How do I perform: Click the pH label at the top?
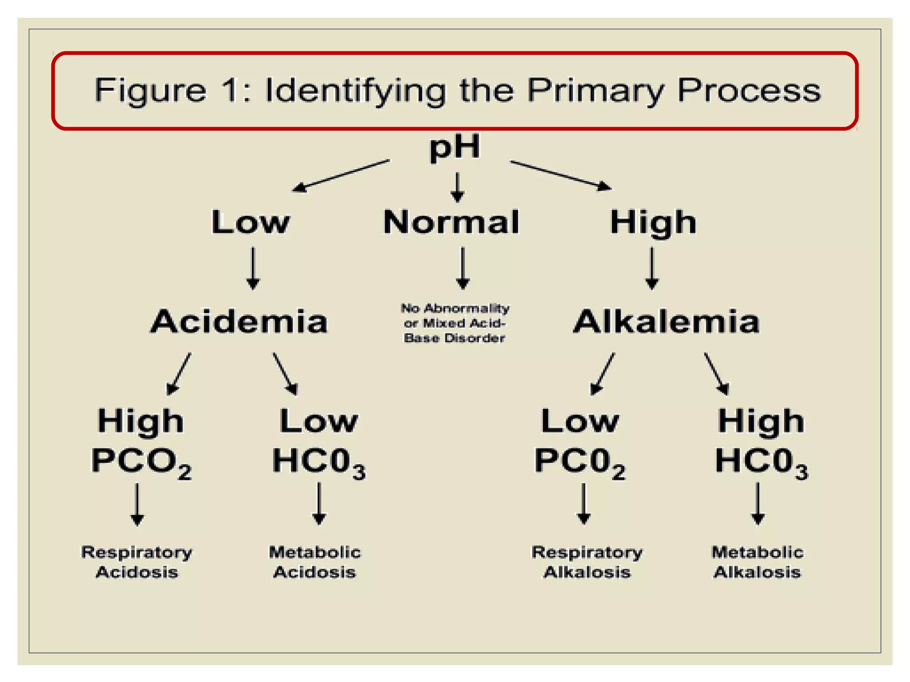coord(455,147)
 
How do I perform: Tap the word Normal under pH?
coord(451,222)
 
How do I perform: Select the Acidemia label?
coord(239,321)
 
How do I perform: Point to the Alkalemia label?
coord(667,321)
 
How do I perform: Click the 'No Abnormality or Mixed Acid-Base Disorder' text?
coord(455,323)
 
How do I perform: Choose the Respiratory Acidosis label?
coord(137,562)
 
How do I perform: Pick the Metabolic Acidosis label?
coord(315,562)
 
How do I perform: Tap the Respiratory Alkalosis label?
coord(587,562)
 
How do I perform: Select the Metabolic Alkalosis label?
coord(757,562)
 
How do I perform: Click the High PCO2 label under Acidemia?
coord(141,442)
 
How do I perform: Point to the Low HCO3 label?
coord(319,442)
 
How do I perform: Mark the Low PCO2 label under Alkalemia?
coord(580,442)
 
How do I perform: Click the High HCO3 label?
coord(761,442)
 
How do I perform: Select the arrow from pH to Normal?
coord(457,187)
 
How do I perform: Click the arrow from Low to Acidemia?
coord(253,268)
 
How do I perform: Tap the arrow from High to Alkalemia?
coord(652,268)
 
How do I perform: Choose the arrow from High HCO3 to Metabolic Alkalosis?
coord(758,504)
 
